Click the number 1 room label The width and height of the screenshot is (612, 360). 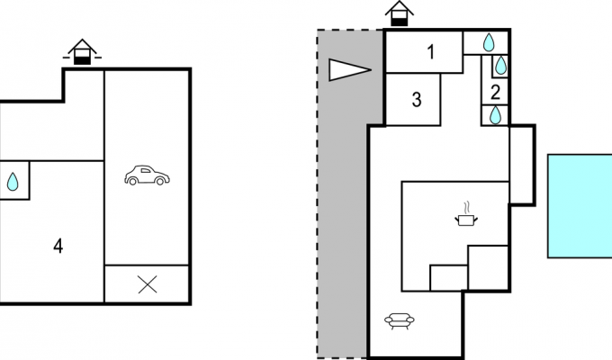[x=431, y=52]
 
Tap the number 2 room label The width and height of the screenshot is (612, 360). [x=495, y=93]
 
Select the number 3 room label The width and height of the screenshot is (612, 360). [x=417, y=100]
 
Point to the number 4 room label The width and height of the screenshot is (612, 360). [x=58, y=247]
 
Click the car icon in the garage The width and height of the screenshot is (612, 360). [x=147, y=175]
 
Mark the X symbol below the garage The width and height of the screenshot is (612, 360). [x=148, y=284]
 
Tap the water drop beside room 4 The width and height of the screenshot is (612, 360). [x=13, y=182]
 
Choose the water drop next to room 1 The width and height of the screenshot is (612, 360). [x=489, y=42]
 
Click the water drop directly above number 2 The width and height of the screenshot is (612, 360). [x=500, y=66]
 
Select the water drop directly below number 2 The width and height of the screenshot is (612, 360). [x=495, y=115]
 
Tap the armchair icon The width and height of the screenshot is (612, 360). [x=400, y=321]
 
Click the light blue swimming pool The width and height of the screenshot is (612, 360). [x=580, y=206]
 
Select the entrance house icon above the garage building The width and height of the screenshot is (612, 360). [x=82, y=52]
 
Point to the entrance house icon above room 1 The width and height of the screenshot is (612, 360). [x=400, y=13]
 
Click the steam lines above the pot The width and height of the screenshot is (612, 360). [x=468, y=207]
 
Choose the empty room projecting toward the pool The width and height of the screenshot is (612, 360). [x=522, y=166]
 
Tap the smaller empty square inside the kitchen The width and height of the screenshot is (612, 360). [x=449, y=278]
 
